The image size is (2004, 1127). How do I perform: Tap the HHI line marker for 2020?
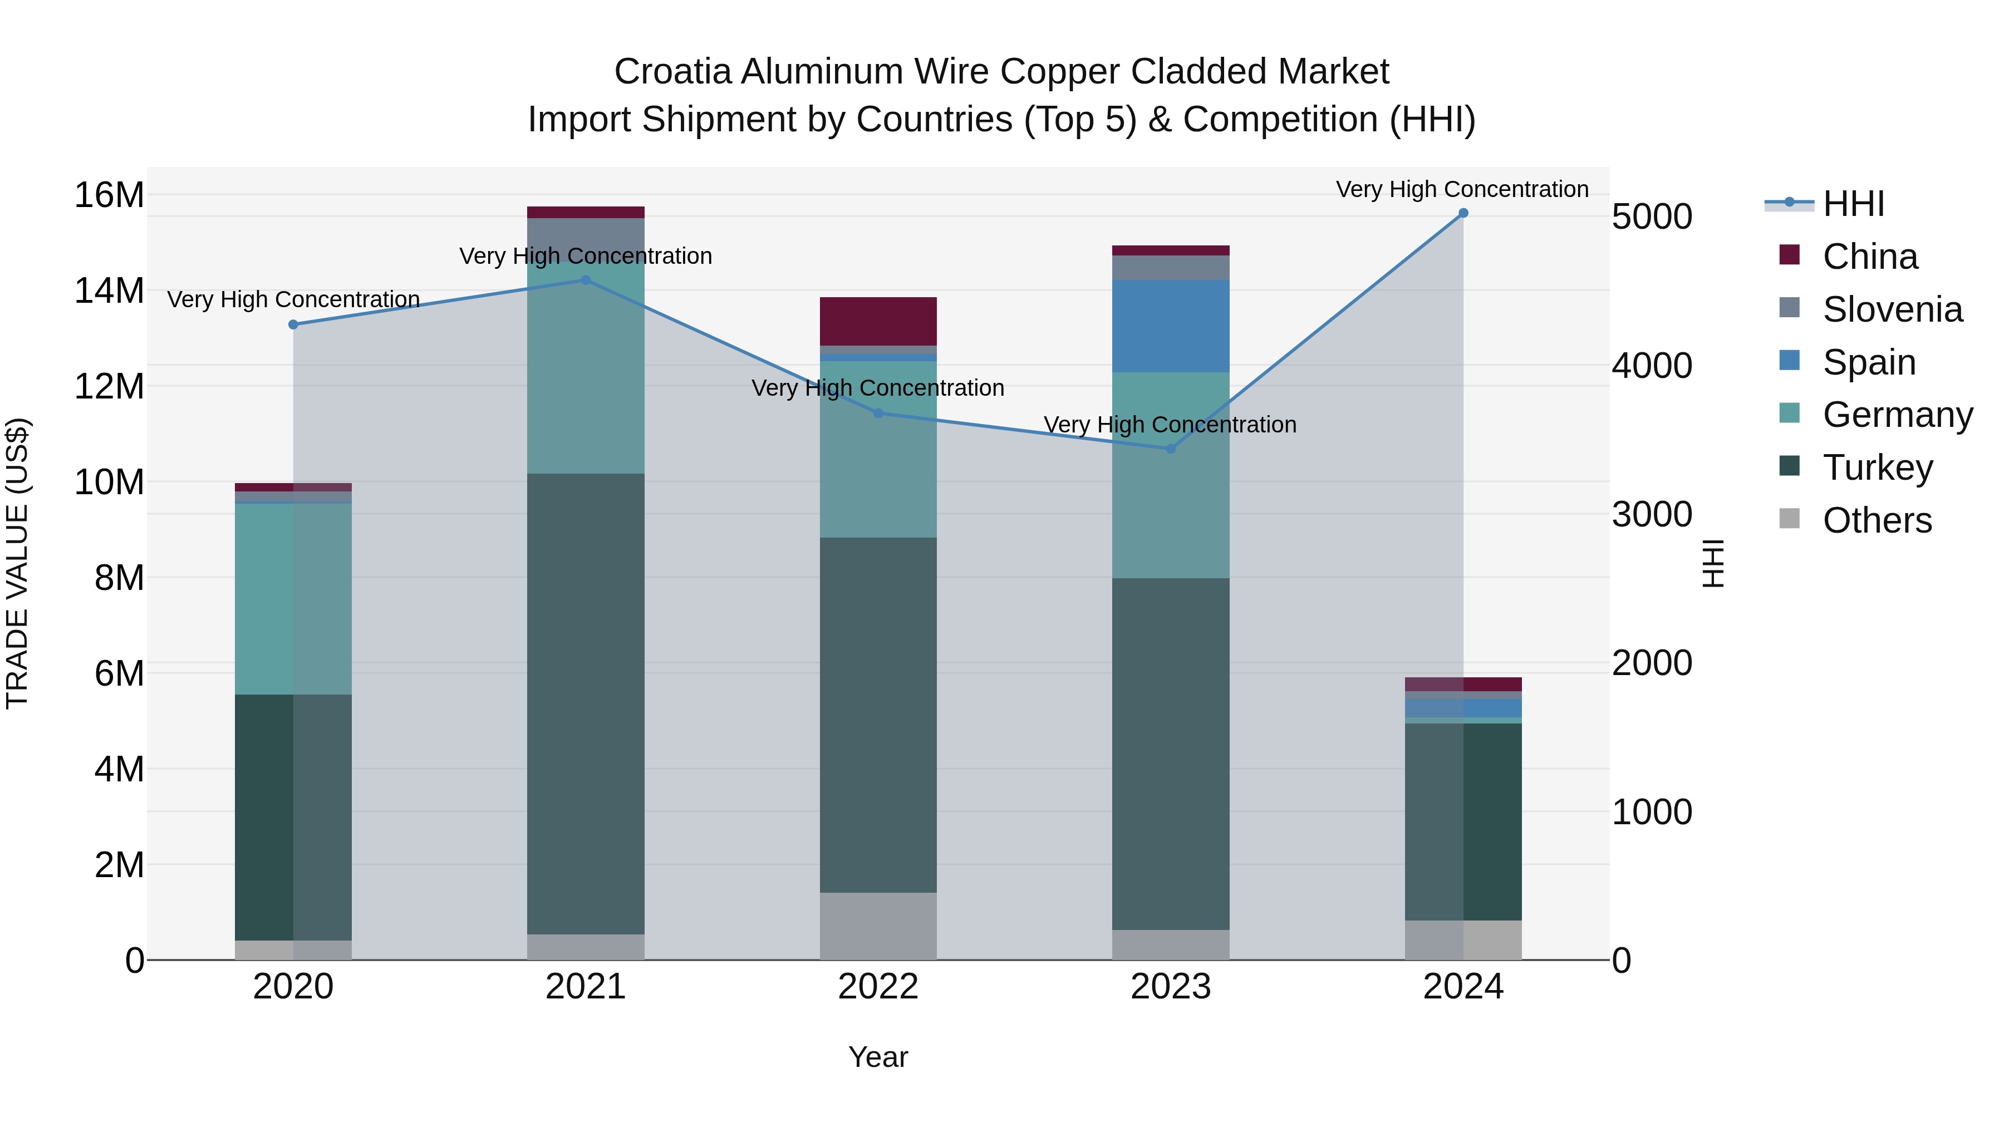click(293, 324)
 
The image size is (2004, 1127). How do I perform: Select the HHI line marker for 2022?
click(878, 413)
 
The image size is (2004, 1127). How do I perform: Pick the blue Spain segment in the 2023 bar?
click(1171, 326)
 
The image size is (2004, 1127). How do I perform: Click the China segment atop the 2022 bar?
click(878, 321)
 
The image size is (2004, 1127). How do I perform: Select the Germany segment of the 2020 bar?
click(264, 599)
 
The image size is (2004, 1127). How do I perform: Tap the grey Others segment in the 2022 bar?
click(878, 926)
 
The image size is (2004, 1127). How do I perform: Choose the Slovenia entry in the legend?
click(1892, 309)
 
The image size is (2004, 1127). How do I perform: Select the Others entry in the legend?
click(1877, 520)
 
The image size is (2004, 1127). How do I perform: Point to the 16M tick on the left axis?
click(109, 194)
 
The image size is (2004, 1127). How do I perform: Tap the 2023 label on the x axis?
click(1171, 987)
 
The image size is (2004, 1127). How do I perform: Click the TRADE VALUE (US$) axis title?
click(17, 563)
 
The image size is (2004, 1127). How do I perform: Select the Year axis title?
click(878, 1057)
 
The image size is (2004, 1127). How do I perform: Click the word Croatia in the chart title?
click(672, 72)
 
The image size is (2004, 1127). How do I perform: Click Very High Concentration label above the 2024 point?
click(1462, 189)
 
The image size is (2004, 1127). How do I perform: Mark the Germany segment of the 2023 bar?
click(1171, 474)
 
